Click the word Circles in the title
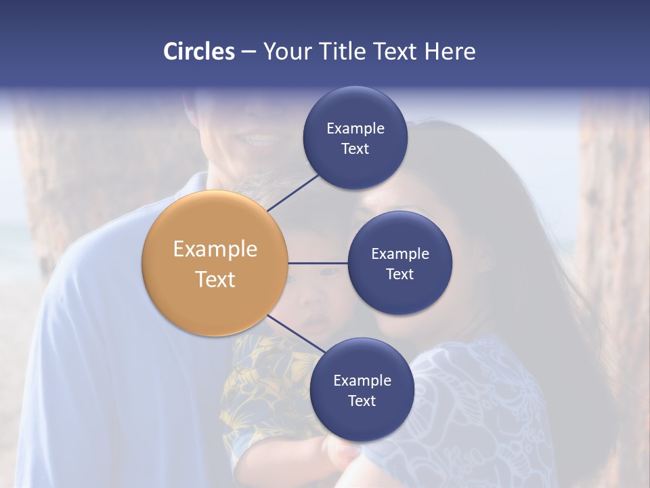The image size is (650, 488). tap(198, 52)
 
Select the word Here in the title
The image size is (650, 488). tap(450, 52)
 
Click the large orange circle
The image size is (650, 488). tap(215, 263)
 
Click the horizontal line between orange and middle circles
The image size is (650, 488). tap(318, 263)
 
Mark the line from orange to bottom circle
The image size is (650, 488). tap(296, 334)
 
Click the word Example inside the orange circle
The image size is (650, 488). tap(215, 249)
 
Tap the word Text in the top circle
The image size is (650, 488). tap(355, 148)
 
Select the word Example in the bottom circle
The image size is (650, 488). tap(362, 380)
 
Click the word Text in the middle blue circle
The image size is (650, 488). tap(399, 274)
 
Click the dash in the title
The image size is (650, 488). tap(248, 52)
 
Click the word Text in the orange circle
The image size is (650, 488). tap(215, 279)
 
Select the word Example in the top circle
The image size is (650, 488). tap(355, 128)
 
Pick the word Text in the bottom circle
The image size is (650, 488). tap(362, 401)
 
